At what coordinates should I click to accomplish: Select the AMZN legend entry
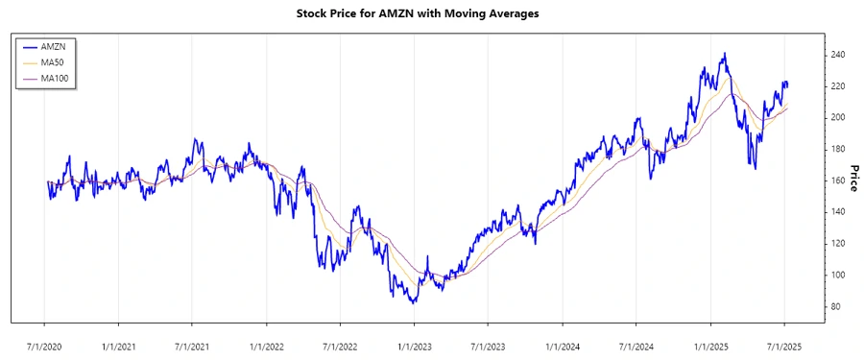coord(53,46)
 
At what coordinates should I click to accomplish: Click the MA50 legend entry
coord(53,61)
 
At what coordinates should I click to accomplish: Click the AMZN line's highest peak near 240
coord(724,54)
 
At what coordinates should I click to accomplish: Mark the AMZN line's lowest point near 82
coord(413,302)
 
